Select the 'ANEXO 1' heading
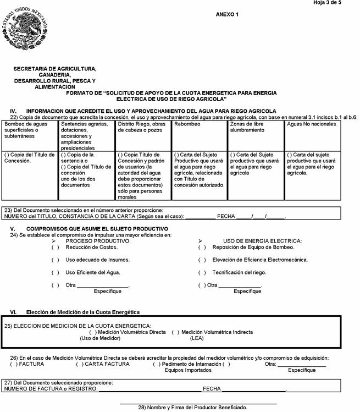(228, 14)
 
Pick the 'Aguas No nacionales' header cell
(311, 124)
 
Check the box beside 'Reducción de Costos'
(56, 248)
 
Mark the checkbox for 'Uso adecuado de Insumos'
(56, 260)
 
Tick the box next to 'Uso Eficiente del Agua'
(56, 272)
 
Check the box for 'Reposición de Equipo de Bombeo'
(202, 248)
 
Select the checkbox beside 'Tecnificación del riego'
(202, 272)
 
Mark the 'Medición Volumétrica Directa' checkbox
(93, 332)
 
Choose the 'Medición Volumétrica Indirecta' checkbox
(175, 332)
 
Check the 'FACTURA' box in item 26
(14, 364)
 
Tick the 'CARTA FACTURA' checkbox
(80, 364)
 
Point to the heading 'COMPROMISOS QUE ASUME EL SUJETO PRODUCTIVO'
(97, 228)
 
